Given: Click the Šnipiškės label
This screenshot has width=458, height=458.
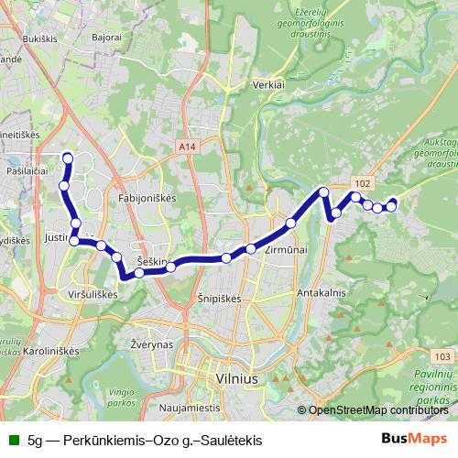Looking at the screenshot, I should pos(218,299).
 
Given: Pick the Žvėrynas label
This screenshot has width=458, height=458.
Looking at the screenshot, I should pos(151,343).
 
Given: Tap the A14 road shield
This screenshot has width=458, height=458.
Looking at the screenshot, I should pos(187,146).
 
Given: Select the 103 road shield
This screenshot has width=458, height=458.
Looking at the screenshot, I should pos(443,356).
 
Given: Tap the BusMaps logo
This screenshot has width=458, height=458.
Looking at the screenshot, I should pos(416,439).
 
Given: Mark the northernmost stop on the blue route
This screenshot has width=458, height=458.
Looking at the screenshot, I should pos(66,158).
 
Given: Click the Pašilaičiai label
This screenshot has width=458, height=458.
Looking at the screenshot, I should pos(27,171).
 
